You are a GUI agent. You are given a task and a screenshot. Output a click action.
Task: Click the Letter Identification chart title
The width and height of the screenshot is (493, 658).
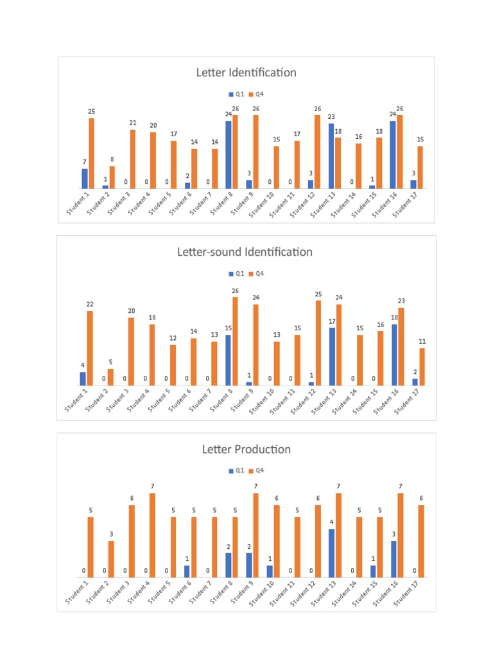tap(246, 73)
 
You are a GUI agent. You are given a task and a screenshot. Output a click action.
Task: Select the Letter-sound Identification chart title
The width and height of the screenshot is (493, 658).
tap(245, 252)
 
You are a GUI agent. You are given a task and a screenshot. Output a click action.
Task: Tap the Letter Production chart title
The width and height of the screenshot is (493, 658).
tap(246, 449)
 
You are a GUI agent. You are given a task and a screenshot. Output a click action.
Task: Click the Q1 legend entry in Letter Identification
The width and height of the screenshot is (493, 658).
tap(237, 94)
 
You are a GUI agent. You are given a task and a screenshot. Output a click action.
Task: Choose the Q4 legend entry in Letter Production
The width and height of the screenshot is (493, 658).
tap(256, 470)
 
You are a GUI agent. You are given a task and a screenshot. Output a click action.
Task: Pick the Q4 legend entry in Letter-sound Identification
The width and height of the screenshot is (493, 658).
tap(256, 274)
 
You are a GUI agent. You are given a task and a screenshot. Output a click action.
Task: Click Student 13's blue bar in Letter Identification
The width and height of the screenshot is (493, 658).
tap(331, 156)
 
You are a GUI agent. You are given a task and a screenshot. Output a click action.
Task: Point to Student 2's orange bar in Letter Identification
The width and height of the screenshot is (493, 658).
tap(112, 177)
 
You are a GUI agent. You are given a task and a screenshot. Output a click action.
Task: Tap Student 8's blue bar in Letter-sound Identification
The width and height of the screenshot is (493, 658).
tap(228, 360)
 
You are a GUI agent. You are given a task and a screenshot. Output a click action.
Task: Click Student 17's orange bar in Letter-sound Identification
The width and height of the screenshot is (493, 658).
tap(422, 366)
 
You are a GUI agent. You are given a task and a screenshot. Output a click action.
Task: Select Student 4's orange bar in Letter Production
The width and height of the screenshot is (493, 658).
tap(152, 535)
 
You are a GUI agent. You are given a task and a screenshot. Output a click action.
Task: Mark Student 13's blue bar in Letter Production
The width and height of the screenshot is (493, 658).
tap(331, 553)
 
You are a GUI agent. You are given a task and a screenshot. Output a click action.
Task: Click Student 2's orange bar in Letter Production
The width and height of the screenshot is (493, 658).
tap(111, 558)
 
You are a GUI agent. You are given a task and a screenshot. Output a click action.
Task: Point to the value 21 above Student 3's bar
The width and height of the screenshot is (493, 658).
tap(133, 123)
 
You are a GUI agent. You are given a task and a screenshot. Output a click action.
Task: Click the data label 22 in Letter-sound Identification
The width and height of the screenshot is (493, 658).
tap(90, 304)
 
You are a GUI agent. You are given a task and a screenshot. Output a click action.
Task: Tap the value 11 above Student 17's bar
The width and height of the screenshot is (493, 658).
tap(422, 341)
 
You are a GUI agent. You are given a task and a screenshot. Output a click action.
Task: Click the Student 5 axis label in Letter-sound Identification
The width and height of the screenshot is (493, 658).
tap(159, 402)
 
